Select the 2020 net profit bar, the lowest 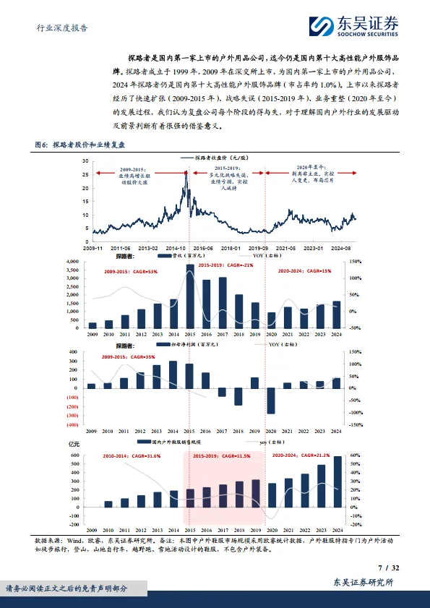pos(271,399)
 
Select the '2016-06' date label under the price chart pos(203,247)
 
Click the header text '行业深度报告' pos(62,28)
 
